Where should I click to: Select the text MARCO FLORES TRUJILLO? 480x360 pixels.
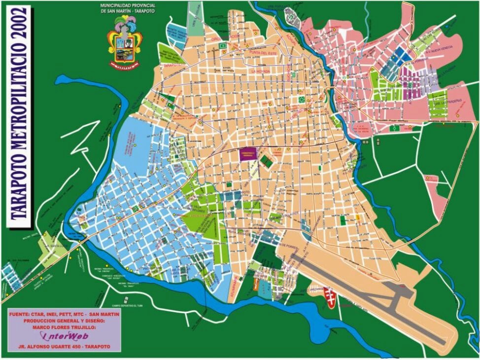coord(64,326)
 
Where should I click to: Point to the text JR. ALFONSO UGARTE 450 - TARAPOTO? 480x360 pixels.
coord(64,347)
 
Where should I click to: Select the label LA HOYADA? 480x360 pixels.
coord(261,72)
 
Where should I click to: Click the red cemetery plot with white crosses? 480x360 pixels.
coord(330,296)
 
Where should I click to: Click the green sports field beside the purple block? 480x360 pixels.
coord(267,160)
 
